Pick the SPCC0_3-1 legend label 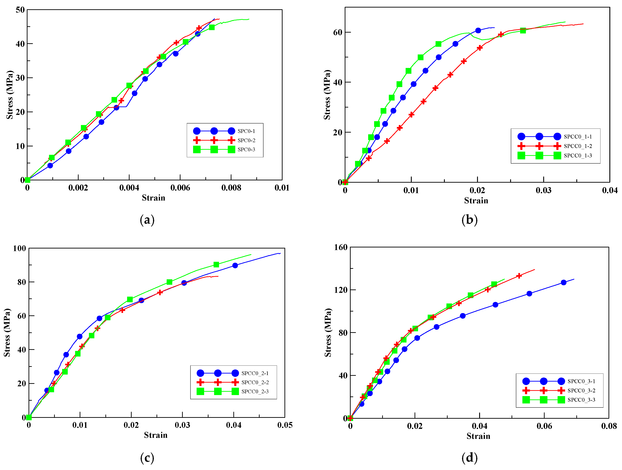pyautogui.click(x=581, y=381)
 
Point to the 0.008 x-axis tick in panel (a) pyautogui.click(x=231, y=188)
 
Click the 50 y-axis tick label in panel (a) pyautogui.click(x=20, y=10)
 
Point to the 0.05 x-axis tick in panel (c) pyautogui.click(x=285, y=425)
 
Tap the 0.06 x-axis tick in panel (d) pyautogui.click(x=544, y=426)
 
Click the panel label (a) pyautogui.click(x=147, y=220)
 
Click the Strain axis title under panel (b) pyautogui.click(x=476, y=201)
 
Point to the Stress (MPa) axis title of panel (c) pyautogui.click(x=7, y=333)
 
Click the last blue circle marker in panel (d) pyautogui.click(x=564, y=282)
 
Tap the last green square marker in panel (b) pyautogui.click(x=523, y=30)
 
